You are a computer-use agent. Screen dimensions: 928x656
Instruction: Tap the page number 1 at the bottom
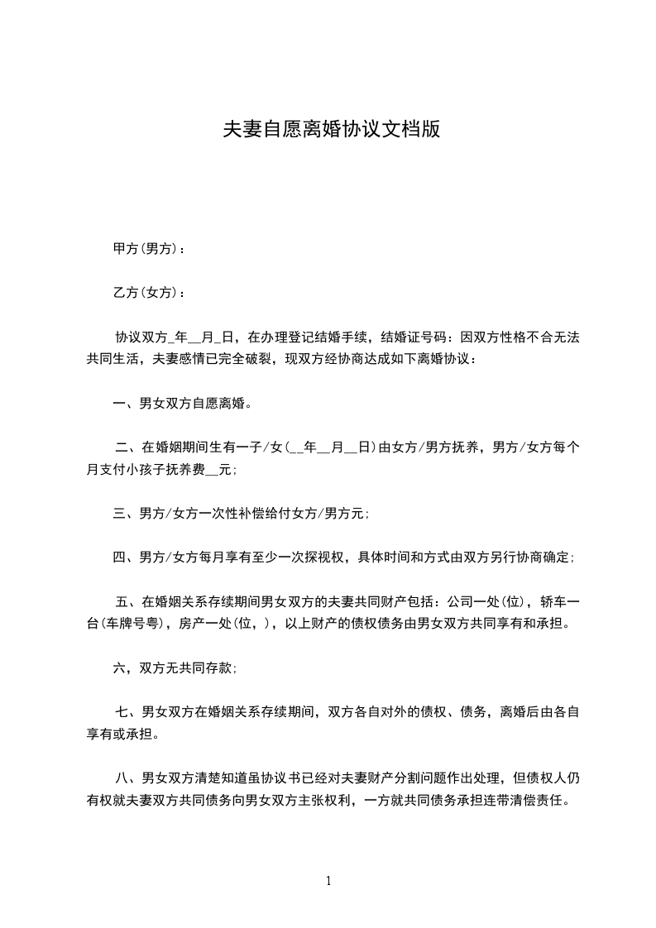328,881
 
